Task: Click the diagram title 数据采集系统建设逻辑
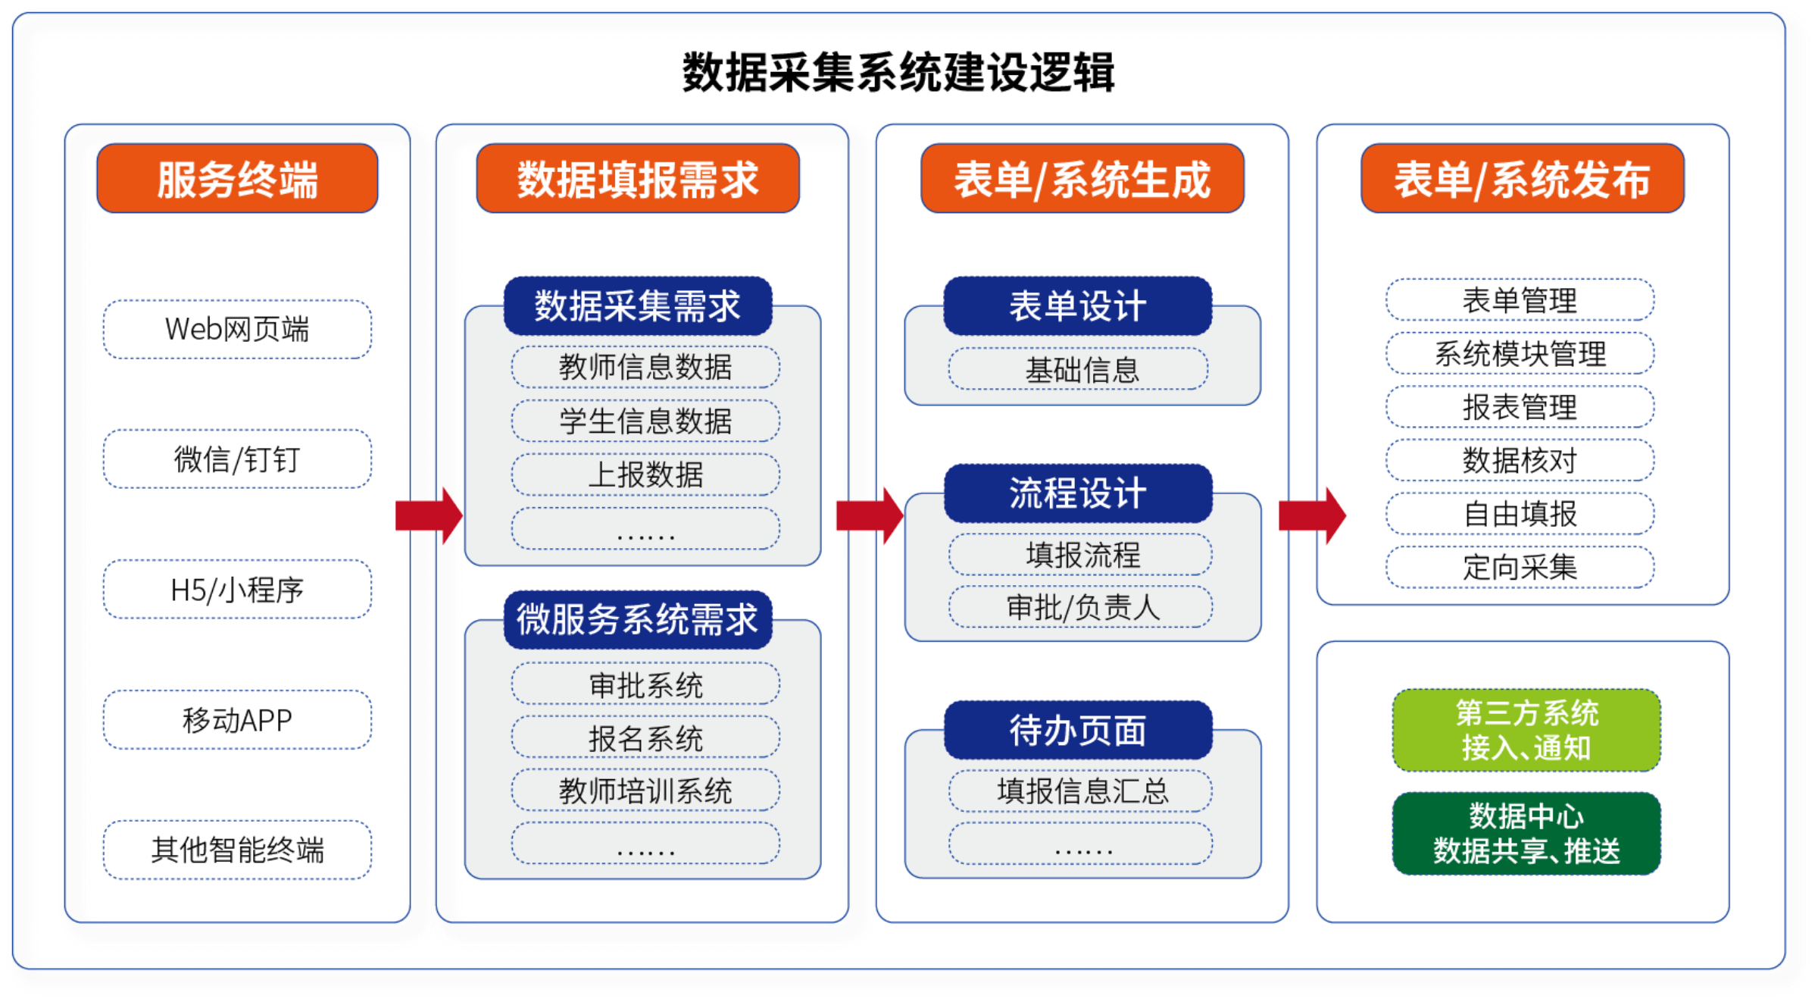tap(898, 73)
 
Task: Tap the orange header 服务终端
tap(237, 179)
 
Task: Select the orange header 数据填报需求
tap(638, 179)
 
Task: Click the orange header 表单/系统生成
tap(1082, 179)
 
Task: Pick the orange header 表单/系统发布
tap(1523, 179)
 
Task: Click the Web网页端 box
tap(237, 330)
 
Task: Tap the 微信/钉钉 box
tap(237, 459)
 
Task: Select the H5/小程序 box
tap(237, 590)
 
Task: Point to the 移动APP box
tap(237, 720)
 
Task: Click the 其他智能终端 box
tap(237, 850)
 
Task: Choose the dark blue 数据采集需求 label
tap(638, 306)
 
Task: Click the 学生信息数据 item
tap(645, 421)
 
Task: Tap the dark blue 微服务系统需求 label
tap(638, 620)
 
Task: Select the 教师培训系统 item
tap(645, 791)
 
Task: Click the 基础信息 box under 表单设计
tap(1078, 369)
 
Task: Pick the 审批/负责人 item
tap(1080, 607)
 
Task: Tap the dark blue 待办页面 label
tap(1078, 731)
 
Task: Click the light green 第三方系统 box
tap(1526, 731)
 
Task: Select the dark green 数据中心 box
tap(1526, 834)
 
